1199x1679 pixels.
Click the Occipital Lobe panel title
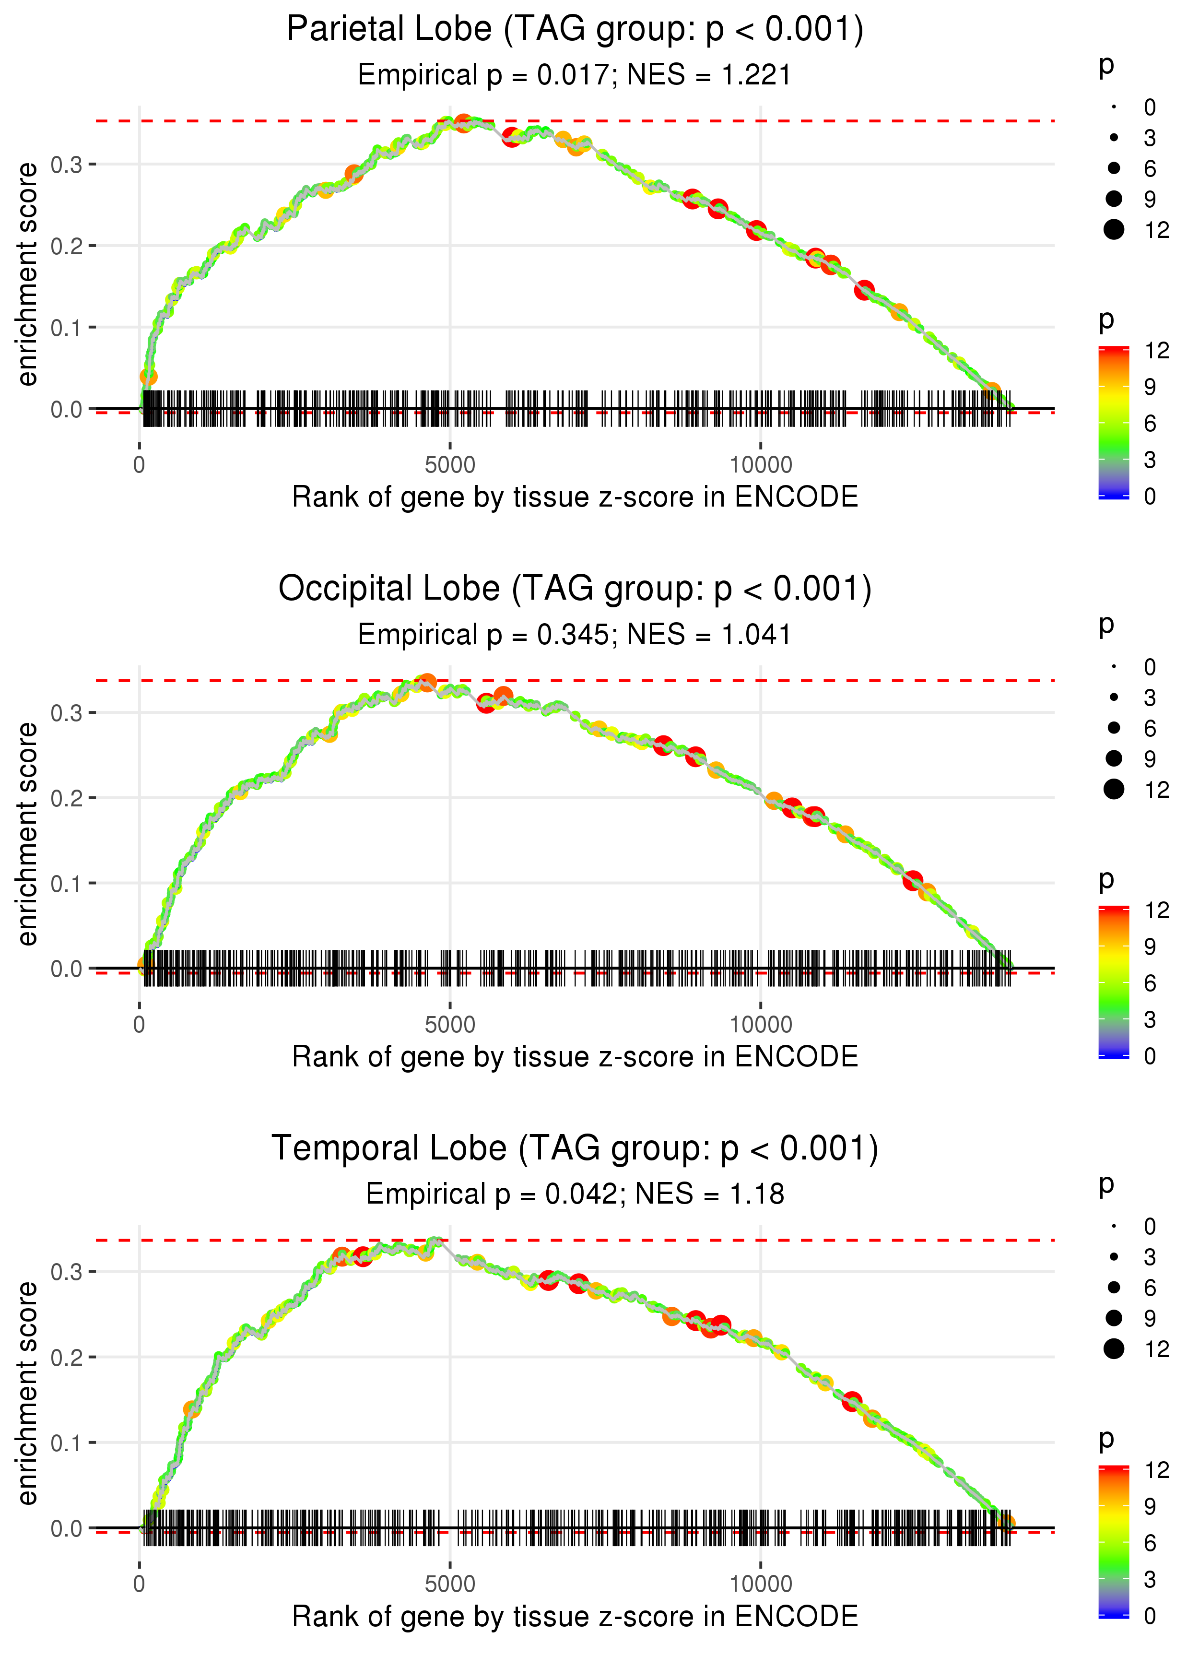click(x=575, y=589)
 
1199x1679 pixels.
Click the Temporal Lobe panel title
click(x=575, y=1148)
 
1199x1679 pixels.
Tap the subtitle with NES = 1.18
click(x=575, y=1194)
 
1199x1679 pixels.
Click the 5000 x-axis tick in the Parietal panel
click(x=450, y=465)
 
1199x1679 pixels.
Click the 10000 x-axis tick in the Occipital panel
click(x=761, y=1025)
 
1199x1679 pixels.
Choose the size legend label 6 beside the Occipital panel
click(x=1150, y=729)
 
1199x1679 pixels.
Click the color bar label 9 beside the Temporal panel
click(x=1150, y=1506)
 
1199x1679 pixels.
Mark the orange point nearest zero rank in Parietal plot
click(x=148, y=377)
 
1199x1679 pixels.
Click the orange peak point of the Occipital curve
click(x=427, y=682)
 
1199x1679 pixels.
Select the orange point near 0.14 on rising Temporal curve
click(x=192, y=1409)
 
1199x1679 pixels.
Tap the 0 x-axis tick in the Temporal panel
click(x=140, y=1584)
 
